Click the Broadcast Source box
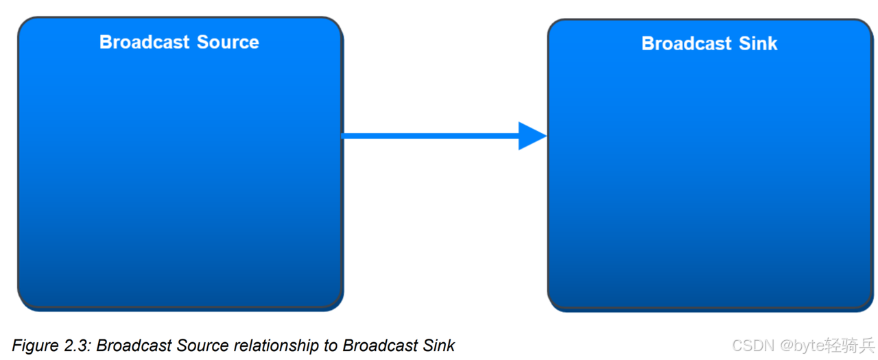pos(180,171)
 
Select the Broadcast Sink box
pos(710,178)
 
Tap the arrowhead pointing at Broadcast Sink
pos(532,136)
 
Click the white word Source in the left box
pos(228,42)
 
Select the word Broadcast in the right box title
pos(687,43)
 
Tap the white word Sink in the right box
pos(758,43)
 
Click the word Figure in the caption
pos(34,345)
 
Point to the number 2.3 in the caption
pos(77,345)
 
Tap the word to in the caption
pos(329,345)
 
